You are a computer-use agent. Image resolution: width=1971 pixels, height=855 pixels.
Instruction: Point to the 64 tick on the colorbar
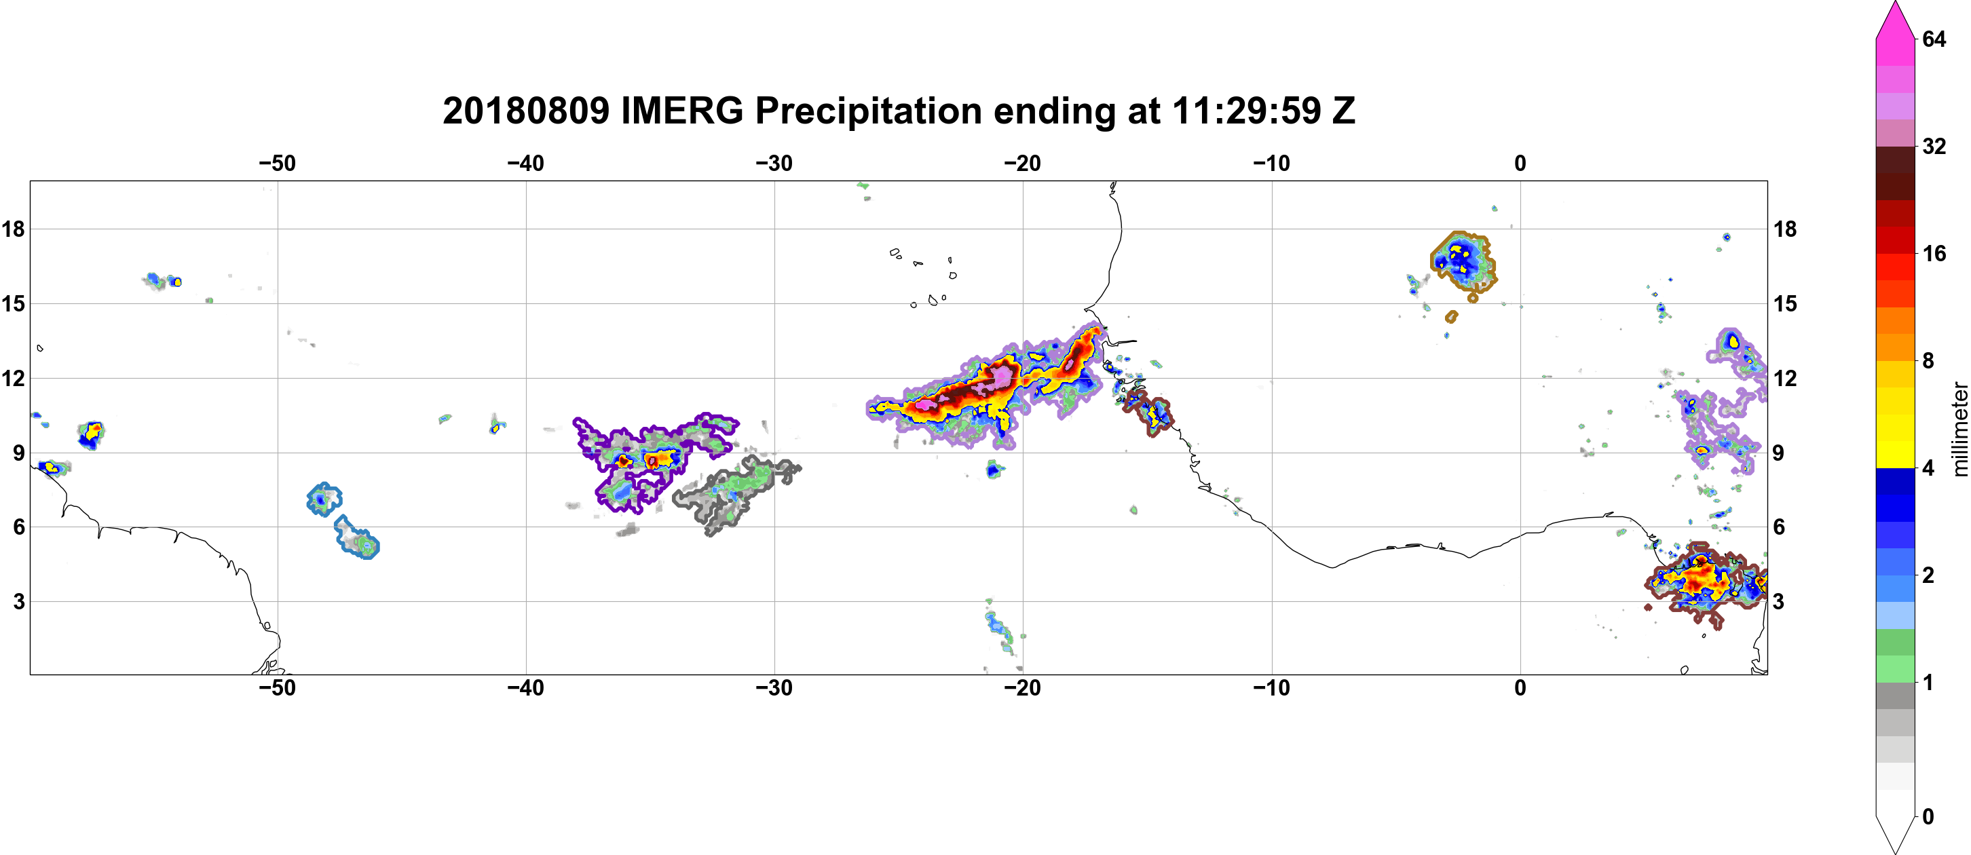pos(1934,39)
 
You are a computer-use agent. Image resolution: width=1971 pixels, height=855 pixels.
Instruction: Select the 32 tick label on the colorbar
pos(1934,146)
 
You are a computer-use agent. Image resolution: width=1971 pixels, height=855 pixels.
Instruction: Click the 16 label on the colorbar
pos(1934,253)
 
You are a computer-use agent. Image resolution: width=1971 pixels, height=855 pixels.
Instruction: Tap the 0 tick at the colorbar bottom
pos(1928,817)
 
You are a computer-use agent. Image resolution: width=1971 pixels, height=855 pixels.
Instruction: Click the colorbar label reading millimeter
pos(1959,429)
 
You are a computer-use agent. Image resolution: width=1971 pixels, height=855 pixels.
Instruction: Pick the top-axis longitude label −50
pos(277,163)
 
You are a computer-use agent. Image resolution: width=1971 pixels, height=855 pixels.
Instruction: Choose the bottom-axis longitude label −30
pos(774,687)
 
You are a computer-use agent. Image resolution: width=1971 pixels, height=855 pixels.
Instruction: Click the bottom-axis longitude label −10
pos(1272,687)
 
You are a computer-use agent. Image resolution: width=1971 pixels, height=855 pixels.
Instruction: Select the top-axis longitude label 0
pos(1520,163)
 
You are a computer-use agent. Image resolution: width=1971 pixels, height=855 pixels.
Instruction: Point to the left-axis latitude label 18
pos(14,229)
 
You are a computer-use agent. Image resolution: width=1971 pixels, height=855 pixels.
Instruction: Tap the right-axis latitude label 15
pos(1785,303)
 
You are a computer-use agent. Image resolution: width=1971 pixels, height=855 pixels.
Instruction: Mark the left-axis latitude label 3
pos(19,601)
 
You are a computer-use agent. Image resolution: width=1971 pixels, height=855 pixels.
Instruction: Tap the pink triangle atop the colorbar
pos(1894,20)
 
